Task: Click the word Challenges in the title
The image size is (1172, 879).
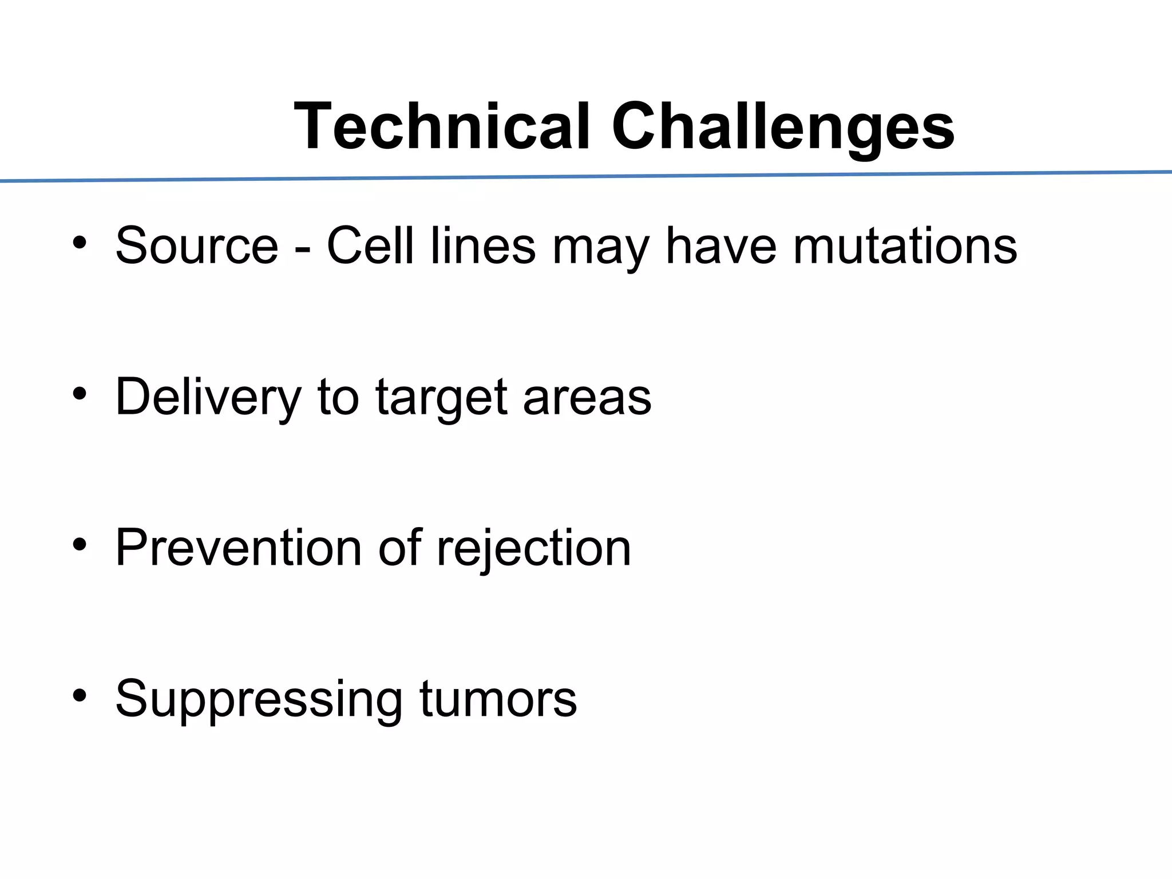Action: (x=783, y=127)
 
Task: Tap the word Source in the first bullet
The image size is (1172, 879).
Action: (x=197, y=246)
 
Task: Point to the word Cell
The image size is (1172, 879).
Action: (x=370, y=246)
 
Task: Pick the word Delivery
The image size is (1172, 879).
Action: (x=208, y=397)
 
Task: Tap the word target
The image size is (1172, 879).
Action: (x=441, y=398)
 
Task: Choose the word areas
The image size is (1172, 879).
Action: (x=587, y=398)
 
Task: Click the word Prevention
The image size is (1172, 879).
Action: (x=239, y=548)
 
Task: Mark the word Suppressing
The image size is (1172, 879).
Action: (x=259, y=699)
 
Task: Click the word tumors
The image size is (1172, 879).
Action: (x=498, y=699)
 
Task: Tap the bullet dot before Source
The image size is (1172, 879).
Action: (x=80, y=243)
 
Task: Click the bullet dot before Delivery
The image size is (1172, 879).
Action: (x=80, y=394)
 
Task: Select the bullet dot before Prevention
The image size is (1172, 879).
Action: (x=80, y=545)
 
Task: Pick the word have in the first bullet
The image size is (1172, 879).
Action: (x=721, y=246)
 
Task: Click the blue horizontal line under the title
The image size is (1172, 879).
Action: (x=586, y=176)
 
